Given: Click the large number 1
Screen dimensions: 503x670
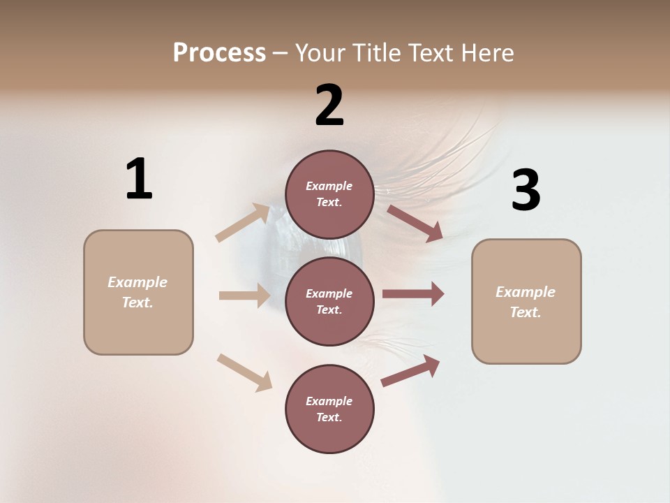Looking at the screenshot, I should (x=139, y=179).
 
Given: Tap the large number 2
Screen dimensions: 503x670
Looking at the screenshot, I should (x=329, y=105).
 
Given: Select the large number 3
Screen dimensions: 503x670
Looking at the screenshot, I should (x=526, y=190).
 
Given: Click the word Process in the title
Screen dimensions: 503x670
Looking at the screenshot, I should (x=219, y=52).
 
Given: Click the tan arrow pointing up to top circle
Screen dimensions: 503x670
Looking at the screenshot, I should (x=242, y=223).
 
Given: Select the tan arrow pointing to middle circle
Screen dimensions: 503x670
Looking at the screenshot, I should (x=244, y=296).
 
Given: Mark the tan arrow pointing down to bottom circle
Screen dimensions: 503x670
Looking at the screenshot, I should (x=244, y=372).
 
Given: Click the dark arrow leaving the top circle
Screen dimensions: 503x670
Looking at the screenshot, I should (x=415, y=223).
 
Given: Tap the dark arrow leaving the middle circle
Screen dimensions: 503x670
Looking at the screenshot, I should (x=413, y=293).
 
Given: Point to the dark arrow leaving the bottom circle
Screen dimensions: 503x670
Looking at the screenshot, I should (x=410, y=371).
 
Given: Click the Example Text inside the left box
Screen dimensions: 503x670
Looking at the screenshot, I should (x=137, y=292).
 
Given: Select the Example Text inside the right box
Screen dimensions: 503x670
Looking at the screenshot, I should (x=526, y=302).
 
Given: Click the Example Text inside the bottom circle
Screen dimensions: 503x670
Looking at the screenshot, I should (x=329, y=409).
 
